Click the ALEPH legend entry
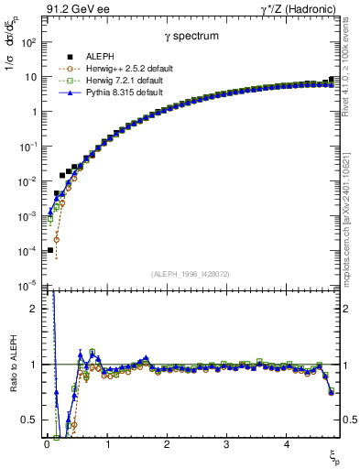[x=98, y=58]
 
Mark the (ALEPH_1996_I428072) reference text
[x=190, y=274]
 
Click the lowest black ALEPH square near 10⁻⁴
[x=50, y=249]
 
